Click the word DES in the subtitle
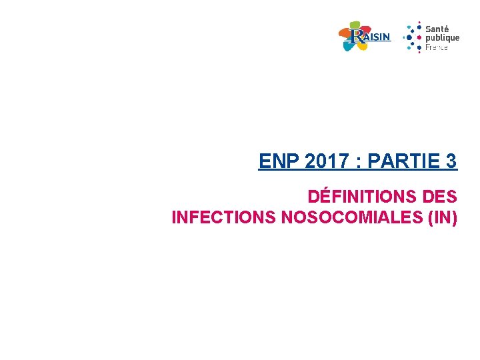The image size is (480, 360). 440,197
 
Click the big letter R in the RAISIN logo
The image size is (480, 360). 358,36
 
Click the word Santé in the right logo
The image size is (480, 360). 437,29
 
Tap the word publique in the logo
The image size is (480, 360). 442,38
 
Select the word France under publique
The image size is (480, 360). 437,47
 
